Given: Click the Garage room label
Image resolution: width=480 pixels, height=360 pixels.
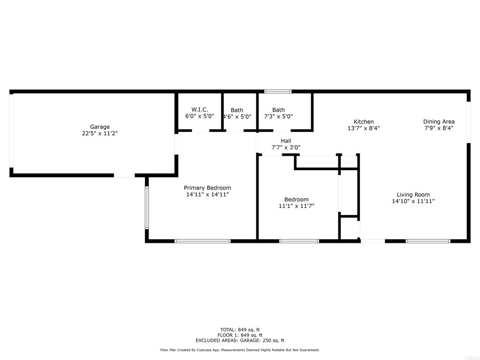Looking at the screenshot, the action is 100,127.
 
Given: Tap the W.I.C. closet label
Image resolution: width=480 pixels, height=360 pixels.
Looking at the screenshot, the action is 200,110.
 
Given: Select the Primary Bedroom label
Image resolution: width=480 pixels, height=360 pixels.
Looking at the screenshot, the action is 207,187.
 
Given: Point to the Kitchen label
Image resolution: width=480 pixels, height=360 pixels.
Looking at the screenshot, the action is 364,121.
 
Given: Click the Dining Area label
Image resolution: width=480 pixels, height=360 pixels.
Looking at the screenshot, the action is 439,121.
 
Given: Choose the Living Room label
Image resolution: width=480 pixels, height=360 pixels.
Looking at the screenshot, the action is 413,195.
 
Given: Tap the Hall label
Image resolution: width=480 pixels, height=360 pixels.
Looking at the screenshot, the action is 286,141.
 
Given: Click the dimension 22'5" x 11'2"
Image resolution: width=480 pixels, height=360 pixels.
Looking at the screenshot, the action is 100,134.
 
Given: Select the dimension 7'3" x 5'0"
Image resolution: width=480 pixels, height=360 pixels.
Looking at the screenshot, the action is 278,116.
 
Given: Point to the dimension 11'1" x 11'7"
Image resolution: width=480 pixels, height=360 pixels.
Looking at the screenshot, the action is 296,206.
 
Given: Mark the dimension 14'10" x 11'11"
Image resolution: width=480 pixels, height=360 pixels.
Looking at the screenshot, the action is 413,201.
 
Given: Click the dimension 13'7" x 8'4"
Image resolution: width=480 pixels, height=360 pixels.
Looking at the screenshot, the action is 364,128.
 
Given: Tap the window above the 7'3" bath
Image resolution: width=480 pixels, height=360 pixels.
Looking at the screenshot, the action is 278,91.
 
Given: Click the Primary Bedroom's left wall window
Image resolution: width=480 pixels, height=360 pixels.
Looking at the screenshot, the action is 147,208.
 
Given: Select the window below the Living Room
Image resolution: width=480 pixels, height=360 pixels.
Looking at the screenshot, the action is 428,241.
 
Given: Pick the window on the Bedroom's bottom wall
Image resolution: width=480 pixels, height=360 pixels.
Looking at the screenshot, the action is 299,241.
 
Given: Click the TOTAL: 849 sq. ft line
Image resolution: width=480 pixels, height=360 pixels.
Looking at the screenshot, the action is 240,330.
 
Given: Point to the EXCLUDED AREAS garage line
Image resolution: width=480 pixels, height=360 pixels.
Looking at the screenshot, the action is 240,340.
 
